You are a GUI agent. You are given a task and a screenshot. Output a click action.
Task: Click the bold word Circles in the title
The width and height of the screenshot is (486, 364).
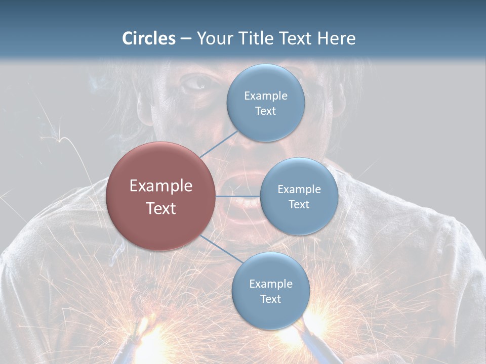coord(149,38)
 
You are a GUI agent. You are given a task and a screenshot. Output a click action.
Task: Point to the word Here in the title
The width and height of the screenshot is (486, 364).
coord(336,38)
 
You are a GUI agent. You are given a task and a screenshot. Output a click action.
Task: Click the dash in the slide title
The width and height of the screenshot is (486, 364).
coord(186,39)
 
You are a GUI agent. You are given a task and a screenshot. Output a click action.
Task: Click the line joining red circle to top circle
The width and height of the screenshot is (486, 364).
coord(219,143)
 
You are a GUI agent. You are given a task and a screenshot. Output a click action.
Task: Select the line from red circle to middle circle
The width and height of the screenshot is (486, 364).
coord(237,196)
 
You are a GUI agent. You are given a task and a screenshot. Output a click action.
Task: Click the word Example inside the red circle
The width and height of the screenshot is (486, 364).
coord(161,186)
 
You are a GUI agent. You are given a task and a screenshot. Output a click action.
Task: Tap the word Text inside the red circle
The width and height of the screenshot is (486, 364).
coord(161,208)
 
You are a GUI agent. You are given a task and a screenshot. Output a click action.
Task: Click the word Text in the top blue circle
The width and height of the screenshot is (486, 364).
coord(265,111)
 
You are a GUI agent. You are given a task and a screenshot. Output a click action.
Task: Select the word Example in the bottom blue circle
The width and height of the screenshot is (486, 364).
coord(270,284)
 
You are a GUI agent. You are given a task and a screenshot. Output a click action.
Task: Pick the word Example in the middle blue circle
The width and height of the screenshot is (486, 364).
coord(299,189)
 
